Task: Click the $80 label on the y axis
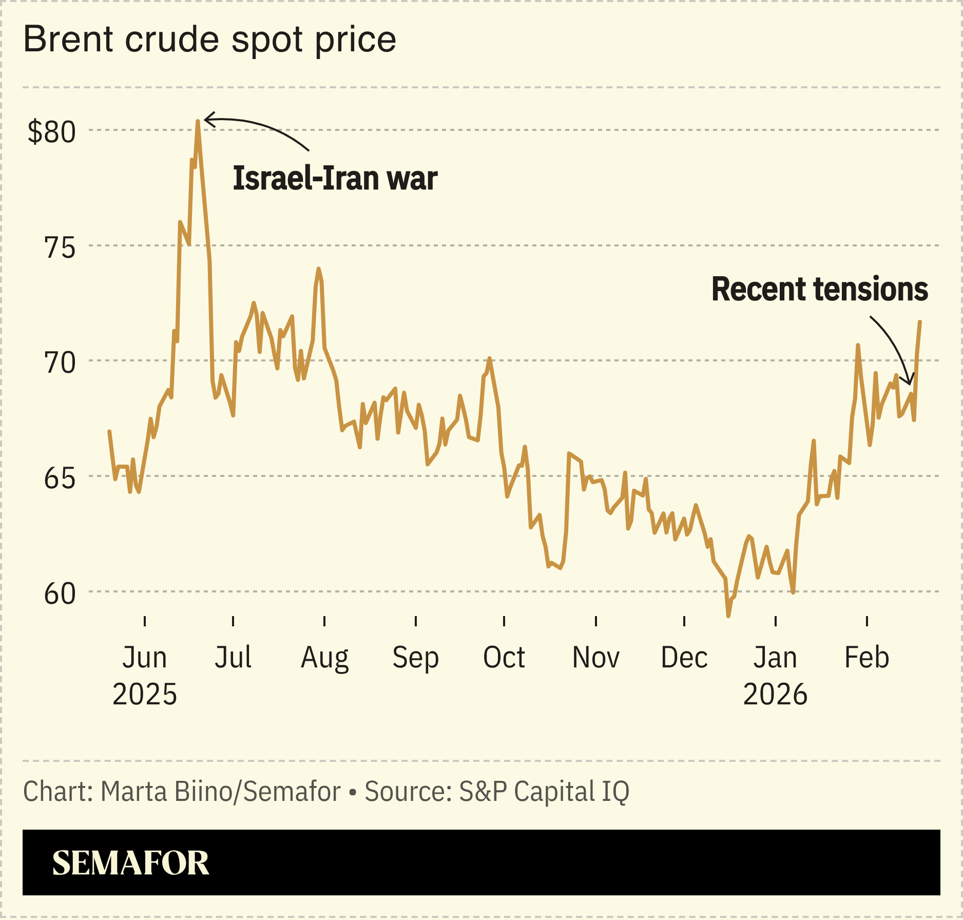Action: [x=51, y=132]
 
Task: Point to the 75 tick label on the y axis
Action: [x=60, y=247]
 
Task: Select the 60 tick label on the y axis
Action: [x=60, y=594]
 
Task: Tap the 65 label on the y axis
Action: [x=60, y=478]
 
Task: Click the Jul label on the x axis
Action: [x=233, y=657]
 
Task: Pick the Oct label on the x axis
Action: [x=504, y=657]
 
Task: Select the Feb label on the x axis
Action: [x=866, y=657]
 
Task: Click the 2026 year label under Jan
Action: [x=775, y=694]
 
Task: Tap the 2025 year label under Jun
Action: [x=145, y=694]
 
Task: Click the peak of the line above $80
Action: [x=198, y=122]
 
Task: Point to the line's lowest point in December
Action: [x=728, y=615]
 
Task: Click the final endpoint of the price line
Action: [x=920, y=322]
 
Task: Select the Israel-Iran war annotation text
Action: [x=335, y=178]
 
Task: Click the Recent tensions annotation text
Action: [x=819, y=289]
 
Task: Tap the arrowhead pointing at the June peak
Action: [x=207, y=120]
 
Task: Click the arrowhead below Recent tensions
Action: [x=910, y=382]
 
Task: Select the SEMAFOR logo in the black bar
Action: [x=130, y=863]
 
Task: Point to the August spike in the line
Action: [x=319, y=270]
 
